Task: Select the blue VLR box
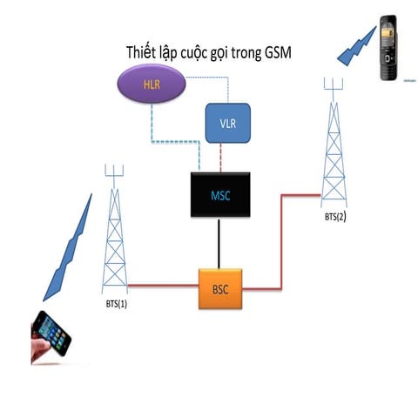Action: click(227, 123)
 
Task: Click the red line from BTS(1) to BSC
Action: click(161, 285)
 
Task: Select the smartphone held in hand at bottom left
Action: click(50, 335)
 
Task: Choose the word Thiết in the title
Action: click(145, 53)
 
